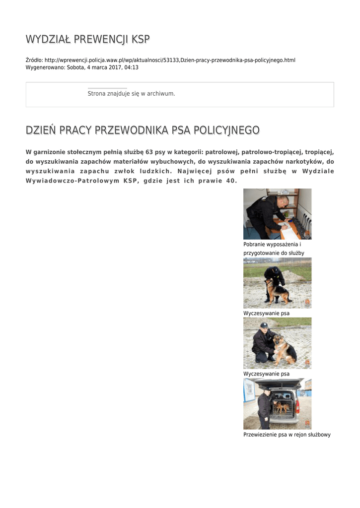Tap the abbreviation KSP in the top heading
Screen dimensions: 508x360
[x=140, y=39]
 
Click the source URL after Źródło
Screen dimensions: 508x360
[x=170, y=60]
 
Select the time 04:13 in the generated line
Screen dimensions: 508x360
[x=132, y=67]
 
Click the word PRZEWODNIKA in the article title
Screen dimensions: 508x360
[x=131, y=130]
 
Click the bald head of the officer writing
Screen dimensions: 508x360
[x=283, y=201]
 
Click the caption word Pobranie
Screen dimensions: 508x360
[x=254, y=245]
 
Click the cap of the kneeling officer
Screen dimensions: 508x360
[x=264, y=325]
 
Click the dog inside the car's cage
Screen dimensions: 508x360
[x=282, y=407]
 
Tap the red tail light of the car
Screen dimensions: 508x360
[x=297, y=407]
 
